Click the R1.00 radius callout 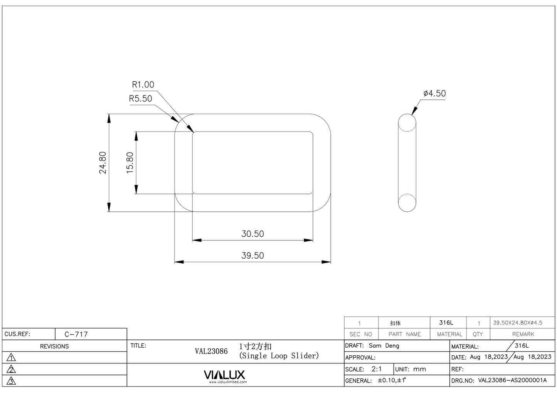point(143,85)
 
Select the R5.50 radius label point(140,99)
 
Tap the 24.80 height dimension point(103,162)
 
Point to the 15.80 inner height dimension point(130,162)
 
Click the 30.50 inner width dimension point(252,234)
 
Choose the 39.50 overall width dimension point(252,256)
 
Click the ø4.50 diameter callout point(434,94)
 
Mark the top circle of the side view point(407,123)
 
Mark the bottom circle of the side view point(407,202)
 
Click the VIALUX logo point(224,375)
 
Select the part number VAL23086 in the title point(211,351)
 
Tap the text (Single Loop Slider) point(279,356)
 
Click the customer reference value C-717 point(76,334)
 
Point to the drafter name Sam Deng point(384,346)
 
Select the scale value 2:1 point(377,369)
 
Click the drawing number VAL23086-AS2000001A point(512,380)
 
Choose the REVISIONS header point(54,346)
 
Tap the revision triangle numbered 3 point(12,381)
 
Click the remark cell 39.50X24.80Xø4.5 point(517,323)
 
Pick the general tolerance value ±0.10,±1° point(392,380)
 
